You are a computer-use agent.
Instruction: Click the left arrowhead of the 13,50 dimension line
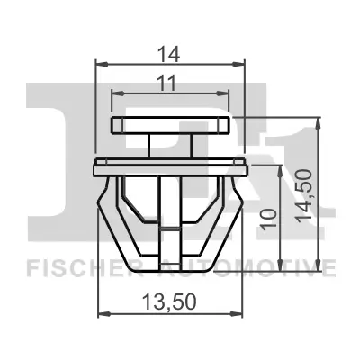[x=101, y=312]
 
